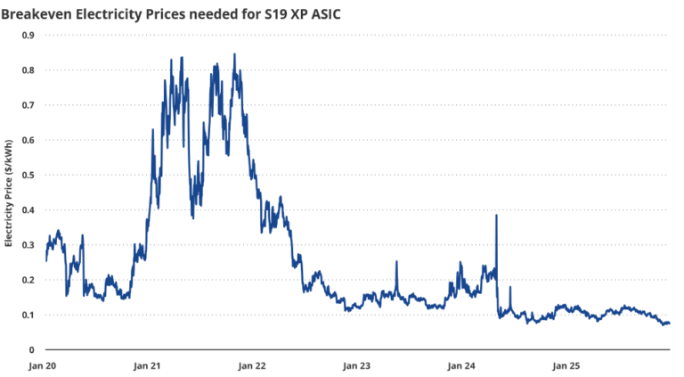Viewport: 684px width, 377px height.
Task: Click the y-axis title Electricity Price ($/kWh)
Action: [9, 193]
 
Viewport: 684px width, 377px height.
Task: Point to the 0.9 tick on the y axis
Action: [28, 36]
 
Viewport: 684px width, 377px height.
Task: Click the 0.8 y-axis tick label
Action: [28, 70]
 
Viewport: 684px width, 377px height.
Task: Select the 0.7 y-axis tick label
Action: [28, 105]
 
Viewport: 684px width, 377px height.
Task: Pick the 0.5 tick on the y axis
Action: [28, 176]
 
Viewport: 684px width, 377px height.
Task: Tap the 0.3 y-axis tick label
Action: [28, 245]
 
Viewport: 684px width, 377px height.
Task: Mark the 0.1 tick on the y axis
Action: [28, 315]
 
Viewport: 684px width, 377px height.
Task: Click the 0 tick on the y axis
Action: [31, 350]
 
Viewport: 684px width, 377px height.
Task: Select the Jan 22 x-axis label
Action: [254, 365]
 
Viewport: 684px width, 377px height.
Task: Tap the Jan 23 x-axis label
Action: [358, 365]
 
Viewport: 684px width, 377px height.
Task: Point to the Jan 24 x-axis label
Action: [462, 365]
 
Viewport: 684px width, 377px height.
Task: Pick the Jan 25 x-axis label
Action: [566, 365]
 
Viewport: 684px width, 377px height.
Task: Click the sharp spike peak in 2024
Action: [496, 216]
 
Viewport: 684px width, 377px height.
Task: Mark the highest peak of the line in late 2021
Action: [234, 54]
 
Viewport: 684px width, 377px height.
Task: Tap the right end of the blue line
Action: [669, 323]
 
